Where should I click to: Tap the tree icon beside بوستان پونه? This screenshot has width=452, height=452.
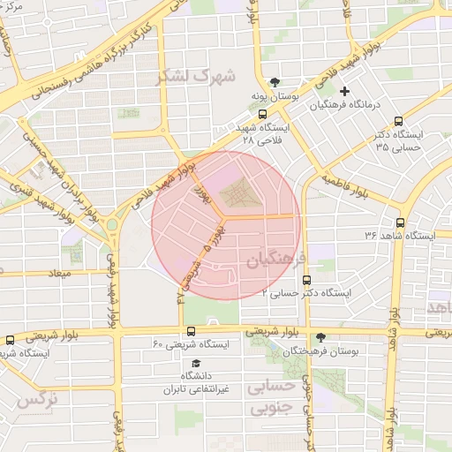tap(275, 80)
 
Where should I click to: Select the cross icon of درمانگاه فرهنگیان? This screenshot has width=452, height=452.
tap(344, 90)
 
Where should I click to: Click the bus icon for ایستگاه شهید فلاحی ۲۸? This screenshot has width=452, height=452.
tap(261, 114)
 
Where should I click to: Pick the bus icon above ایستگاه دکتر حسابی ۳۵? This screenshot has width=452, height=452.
tap(399, 121)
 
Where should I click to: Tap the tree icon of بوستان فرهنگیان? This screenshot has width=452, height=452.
tap(320, 337)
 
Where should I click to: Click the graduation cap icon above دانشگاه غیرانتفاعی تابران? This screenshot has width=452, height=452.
tap(196, 363)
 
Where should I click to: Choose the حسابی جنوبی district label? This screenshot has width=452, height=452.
tap(274, 399)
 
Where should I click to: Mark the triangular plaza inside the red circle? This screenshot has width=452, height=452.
tap(236, 192)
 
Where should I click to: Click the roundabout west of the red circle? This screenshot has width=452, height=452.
tap(112, 228)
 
